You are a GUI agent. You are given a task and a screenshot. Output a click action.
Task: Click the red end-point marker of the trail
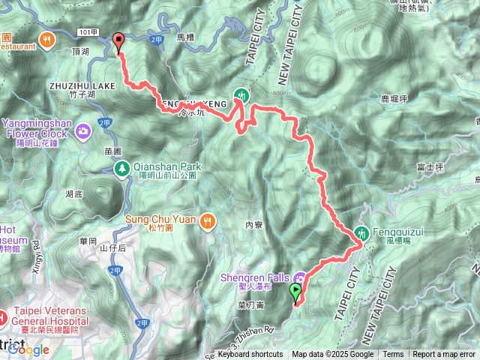(118, 42)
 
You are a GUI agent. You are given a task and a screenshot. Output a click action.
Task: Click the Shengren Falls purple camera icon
(300, 278)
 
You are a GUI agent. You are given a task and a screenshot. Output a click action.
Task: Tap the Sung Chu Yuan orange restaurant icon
(208, 220)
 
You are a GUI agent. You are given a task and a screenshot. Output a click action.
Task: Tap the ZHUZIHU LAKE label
(83, 86)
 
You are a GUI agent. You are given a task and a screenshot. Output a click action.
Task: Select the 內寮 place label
(253, 224)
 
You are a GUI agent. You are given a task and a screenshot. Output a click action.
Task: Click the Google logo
(28, 349)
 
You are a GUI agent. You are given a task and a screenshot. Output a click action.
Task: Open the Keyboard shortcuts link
(250, 355)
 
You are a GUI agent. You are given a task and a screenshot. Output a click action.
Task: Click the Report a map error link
(444, 355)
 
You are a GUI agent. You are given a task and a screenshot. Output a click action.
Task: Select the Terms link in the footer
(393, 355)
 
